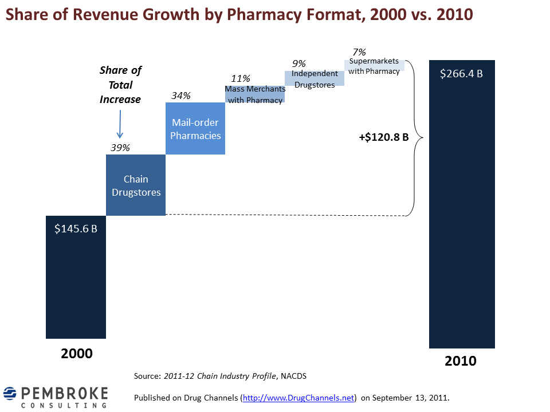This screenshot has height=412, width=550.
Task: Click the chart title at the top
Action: pos(239,14)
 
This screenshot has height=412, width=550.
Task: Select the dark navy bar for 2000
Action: pos(76,277)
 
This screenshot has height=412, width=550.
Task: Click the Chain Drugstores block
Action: pos(136,185)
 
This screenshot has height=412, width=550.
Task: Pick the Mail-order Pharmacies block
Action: pos(195,128)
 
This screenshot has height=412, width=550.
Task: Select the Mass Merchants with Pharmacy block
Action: pos(255,94)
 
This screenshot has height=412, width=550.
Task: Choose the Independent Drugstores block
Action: pos(315,78)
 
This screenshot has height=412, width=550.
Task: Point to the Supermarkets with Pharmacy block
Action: pos(374,65)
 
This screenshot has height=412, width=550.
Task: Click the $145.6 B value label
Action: pos(76,229)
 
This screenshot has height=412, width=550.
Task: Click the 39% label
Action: pos(120,148)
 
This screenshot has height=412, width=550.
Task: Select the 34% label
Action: pos(180,96)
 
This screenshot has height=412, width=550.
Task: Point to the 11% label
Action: pos(240,78)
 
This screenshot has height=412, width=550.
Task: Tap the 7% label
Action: pos(359,52)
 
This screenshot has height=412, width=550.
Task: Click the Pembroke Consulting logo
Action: pos(56,397)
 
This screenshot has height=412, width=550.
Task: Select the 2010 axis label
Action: pos(461,361)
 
